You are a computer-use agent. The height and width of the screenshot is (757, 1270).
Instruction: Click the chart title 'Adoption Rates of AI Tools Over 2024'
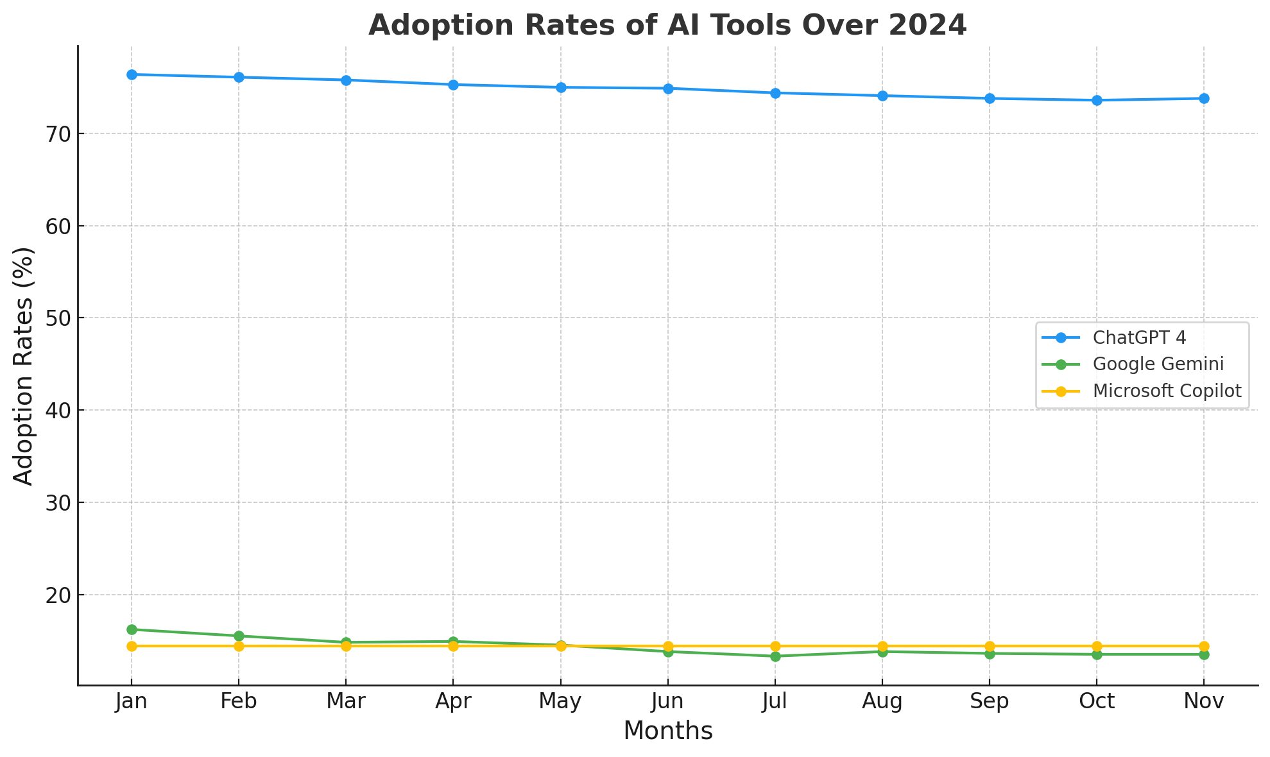[x=667, y=26]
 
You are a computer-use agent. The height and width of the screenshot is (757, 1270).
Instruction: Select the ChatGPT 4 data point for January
[x=132, y=74]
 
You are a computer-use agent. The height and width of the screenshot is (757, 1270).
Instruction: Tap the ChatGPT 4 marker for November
[x=1204, y=98]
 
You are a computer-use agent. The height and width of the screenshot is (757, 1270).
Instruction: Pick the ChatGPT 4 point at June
[x=668, y=89]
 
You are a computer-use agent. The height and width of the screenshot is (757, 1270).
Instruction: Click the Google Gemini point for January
[x=132, y=629]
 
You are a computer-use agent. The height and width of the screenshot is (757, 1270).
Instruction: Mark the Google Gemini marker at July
[x=775, y=656]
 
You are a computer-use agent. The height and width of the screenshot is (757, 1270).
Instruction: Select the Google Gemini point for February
[x=239, y=636]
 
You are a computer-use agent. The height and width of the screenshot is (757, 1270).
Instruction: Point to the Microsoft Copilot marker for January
[x=132, y=646]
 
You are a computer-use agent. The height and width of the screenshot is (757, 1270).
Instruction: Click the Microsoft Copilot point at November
[x=1204, y=646]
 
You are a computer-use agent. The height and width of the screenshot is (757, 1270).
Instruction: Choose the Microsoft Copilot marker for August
[x=882, y=646]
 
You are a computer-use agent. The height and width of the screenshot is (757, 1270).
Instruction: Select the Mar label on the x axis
[x=346, y=702]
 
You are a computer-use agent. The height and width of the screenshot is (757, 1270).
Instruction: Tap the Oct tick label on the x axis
[x=1097, y=702]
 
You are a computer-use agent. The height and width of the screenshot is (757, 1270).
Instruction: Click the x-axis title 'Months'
[x=667, y=731]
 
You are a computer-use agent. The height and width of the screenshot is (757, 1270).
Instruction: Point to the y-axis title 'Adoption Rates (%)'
[x=24, y=366]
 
